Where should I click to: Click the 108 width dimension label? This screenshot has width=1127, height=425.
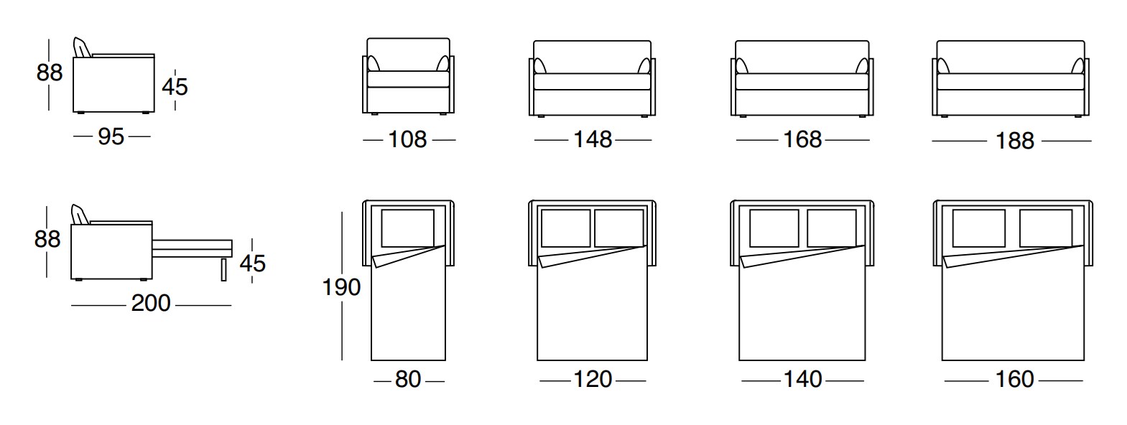click(407, 139)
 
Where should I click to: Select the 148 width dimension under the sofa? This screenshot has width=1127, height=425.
click(593, 139)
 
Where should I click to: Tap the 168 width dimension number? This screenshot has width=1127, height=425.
click(802, 139)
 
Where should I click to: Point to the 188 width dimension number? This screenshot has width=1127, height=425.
click(1015, 141)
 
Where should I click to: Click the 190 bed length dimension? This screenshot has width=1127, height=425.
click(341, 287)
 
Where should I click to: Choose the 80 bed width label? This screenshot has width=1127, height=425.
click(408, 379)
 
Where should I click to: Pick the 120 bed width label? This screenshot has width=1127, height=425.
click(593, 379)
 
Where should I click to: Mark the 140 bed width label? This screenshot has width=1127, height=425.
click(802, 379)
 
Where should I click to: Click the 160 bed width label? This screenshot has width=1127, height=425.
click(1014, 379)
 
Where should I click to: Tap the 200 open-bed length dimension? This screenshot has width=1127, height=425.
click(151, 303)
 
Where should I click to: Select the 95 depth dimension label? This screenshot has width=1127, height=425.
click(111, 137)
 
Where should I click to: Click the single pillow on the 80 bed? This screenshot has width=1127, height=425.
click(407, 228)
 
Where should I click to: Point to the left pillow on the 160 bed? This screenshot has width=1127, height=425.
click(978, 228)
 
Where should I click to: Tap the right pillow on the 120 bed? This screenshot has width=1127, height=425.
click(619, 228)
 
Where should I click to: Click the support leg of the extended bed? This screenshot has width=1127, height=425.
click(224, 270)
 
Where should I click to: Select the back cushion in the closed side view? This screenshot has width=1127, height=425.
click(83, 47)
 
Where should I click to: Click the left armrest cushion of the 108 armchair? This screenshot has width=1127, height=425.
click(373, 64)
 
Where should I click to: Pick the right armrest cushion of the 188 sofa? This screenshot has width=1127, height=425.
click(1077, 66)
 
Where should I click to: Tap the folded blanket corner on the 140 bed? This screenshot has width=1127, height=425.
click(802, 256)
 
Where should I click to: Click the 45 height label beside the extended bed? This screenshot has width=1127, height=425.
click(253, 263)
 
